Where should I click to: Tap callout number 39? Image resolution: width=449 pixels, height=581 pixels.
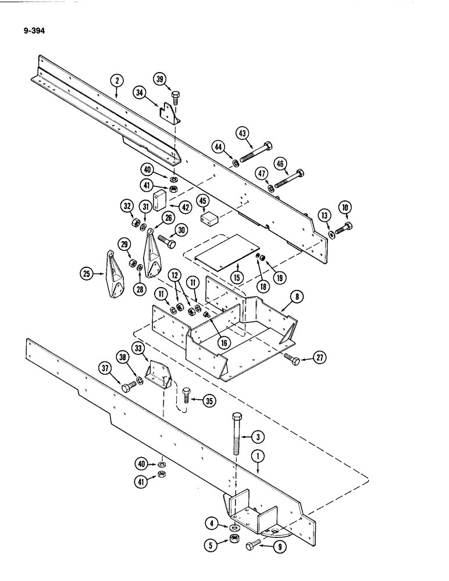tap(160, 79)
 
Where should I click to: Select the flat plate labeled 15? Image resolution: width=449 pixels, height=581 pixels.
tap(225, 250)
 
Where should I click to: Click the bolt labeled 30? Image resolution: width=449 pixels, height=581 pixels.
tap(166, 242)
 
